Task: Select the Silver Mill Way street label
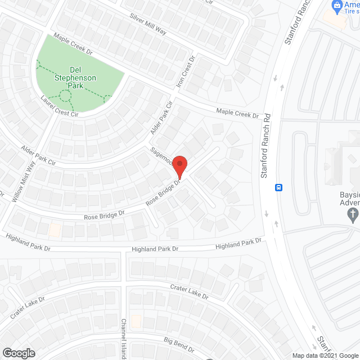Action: pos(148,24)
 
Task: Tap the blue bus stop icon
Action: pos(278,187)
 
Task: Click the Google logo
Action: pos(18,353)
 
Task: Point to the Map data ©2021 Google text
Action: pos(325,355)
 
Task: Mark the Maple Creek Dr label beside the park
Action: pos(73,44)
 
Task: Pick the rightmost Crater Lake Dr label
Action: pos(190,292)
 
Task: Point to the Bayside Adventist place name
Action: pos(349,199)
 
